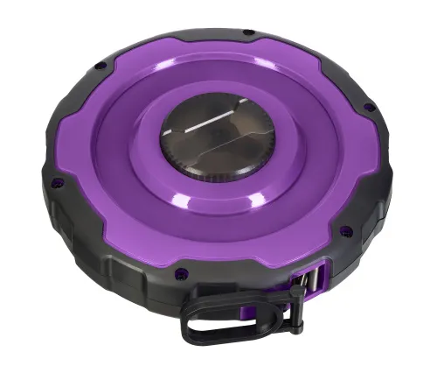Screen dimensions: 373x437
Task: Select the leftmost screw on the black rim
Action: point(58,181)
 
